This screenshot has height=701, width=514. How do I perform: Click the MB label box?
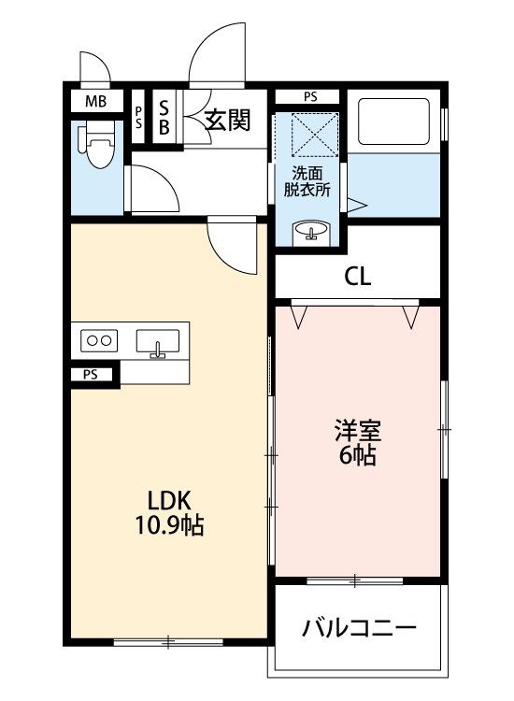97,102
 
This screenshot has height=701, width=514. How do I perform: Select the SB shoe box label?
164,118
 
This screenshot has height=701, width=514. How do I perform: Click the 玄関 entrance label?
227,120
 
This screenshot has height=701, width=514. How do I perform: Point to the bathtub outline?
393,122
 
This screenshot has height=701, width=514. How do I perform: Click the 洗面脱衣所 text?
307,181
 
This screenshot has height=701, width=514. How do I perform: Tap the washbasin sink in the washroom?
311,233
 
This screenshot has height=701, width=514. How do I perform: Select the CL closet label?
358,277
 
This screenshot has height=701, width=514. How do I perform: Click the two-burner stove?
99,340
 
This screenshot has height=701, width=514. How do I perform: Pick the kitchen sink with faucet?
157,343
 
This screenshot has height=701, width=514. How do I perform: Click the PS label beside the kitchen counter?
91,375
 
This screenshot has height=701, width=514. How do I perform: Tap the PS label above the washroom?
310,96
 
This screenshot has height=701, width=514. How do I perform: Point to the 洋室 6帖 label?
358,443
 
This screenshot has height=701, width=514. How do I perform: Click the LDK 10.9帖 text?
170,513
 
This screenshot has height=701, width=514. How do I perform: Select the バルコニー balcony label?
360,628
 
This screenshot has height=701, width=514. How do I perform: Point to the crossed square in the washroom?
315,135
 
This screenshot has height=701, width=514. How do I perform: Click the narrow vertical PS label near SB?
139,117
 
